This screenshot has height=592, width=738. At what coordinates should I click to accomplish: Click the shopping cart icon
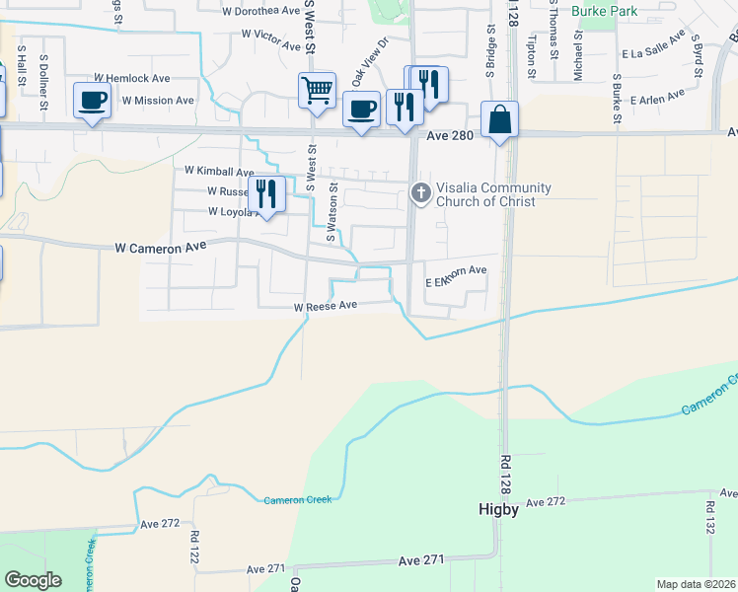click(x=317, y=90)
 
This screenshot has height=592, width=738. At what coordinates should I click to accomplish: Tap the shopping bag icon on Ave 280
click(x=500, y=118)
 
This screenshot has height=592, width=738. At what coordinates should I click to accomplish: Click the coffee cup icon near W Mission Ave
click(x=92, y=101)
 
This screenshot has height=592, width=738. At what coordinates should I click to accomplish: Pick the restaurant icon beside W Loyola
click(x=265, y=192)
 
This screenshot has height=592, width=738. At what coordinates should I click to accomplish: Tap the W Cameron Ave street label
click(x=162, y=249)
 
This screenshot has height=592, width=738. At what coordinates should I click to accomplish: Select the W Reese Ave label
click(x=325, y=307)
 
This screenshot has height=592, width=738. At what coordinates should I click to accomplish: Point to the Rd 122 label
click(x=193, y=543)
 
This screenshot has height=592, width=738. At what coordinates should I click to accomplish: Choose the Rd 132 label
click(x=709, y=518)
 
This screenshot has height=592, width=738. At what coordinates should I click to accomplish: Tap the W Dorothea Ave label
click(x=260, y=12)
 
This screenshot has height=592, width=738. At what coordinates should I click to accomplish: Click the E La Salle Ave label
click(x=653, y=47)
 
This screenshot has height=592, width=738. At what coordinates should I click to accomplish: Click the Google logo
click(x=34, y=580)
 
